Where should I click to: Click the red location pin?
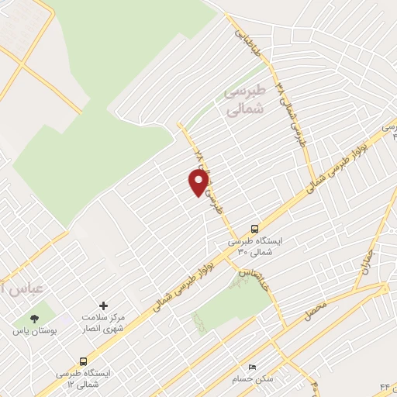click(x=198, y=182)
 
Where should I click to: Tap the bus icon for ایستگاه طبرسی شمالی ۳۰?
click(x=254, y=229)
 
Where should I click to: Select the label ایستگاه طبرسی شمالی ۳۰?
click(x=255, y=247)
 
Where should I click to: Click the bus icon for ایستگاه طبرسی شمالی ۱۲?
click(x=83, y=361)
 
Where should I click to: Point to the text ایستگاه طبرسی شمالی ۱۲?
click(x=83, y=378)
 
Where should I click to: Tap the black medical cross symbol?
click(x=104, y=306)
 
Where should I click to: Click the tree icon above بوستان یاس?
click(x=33, y=318)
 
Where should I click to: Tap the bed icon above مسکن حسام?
click(x=250, y=366)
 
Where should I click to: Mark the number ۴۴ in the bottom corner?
click(x=385, y=386)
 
